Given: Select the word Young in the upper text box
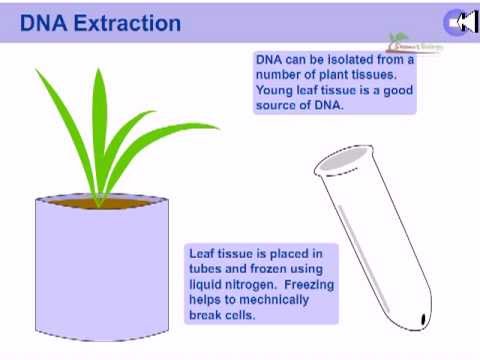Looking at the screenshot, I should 276,89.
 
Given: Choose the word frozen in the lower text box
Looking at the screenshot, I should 280,270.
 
